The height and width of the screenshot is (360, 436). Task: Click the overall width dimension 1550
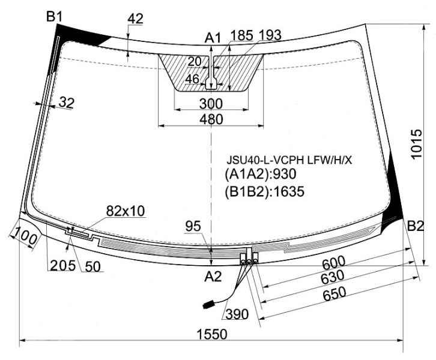point(212,334)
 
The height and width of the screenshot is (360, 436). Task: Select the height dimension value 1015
point(416,144)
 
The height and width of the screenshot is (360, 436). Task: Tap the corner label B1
point(54,17)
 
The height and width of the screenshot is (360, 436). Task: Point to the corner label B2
point(416,226)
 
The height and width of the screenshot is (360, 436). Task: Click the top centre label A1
point(213,38)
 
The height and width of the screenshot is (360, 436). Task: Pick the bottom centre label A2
point(213,277)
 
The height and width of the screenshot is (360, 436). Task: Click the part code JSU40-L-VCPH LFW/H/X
point(289,160)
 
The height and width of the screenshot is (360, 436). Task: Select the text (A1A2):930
point(261,174)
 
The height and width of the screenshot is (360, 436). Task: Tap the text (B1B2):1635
point(264,191)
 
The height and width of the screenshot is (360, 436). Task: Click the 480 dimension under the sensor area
point(211,119)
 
